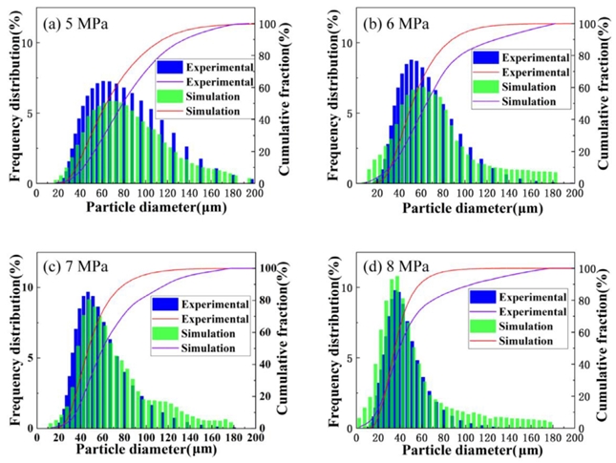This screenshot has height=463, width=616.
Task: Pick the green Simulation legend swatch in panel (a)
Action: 175,96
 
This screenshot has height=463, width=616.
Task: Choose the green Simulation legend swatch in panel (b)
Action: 486,87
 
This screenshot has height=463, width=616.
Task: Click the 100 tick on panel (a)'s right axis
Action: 270,24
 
